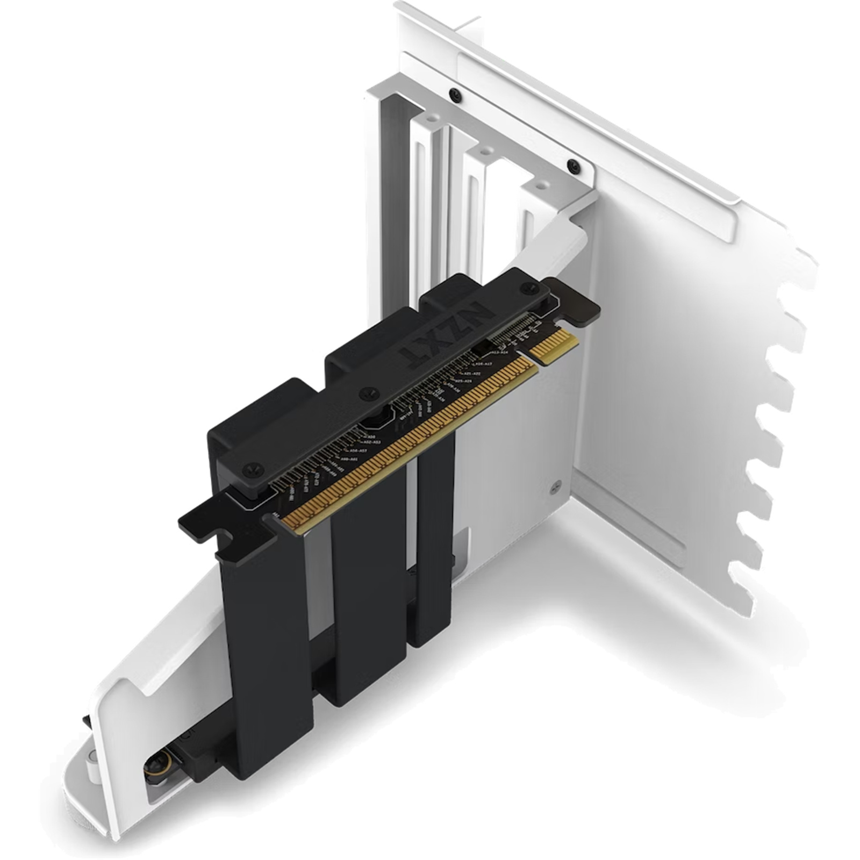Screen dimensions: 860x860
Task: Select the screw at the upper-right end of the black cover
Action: coord(525,289)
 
